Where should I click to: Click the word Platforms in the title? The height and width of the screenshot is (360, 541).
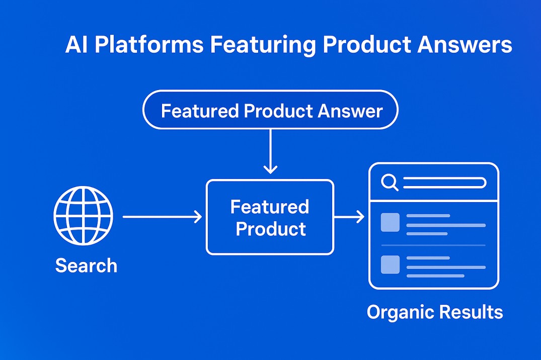[x=148, y=45]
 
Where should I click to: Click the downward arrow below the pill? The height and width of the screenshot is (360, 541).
[x=271, y=151]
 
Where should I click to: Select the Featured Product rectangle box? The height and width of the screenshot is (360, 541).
[x=270, y=217]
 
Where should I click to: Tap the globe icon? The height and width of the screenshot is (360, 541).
[x=84, y=217]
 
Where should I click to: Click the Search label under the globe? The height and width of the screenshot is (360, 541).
[x=86, y=265]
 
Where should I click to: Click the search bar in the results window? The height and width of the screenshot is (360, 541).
[x=444, y=183]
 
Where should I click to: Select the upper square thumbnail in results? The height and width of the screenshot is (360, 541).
[x=390, y=222]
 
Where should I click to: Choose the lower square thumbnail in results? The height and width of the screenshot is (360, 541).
[x=390, y=264]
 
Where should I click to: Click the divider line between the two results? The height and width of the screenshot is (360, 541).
[x=433, y=245]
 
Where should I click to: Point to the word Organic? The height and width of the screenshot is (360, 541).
[x=401, y=312]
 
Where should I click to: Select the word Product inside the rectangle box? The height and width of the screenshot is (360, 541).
[x=271, y=229]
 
